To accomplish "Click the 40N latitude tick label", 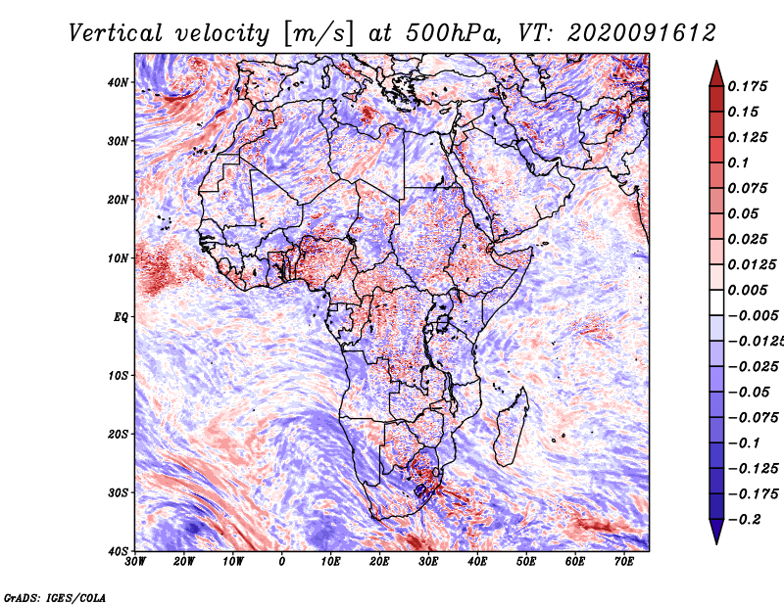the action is (x=118, y=82).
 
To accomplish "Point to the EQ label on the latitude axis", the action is (x=121, y=317).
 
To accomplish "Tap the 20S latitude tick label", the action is (x=118, y=434).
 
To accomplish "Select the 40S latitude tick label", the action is (x=118, y=551).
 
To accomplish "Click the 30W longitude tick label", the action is (x=135, y=562).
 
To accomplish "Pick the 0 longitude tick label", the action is (x=282, y=562).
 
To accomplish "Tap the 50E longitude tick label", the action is (x=526, y=562).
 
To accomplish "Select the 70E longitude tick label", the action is (x=624, y=562).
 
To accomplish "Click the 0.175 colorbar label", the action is (x=748, y=86).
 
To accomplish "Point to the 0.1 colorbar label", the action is (x=739, y=163).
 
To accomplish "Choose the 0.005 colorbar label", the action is (x=748, y=290).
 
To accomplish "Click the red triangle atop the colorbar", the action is (x=716, y=74).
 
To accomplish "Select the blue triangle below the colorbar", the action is (x=716, y=532).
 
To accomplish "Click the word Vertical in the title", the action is (x=116, y=33).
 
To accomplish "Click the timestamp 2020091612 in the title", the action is (x=642, y=33).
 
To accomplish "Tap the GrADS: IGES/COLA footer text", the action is (x=55, y=598).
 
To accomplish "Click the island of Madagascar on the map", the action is (x=512, y=427).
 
